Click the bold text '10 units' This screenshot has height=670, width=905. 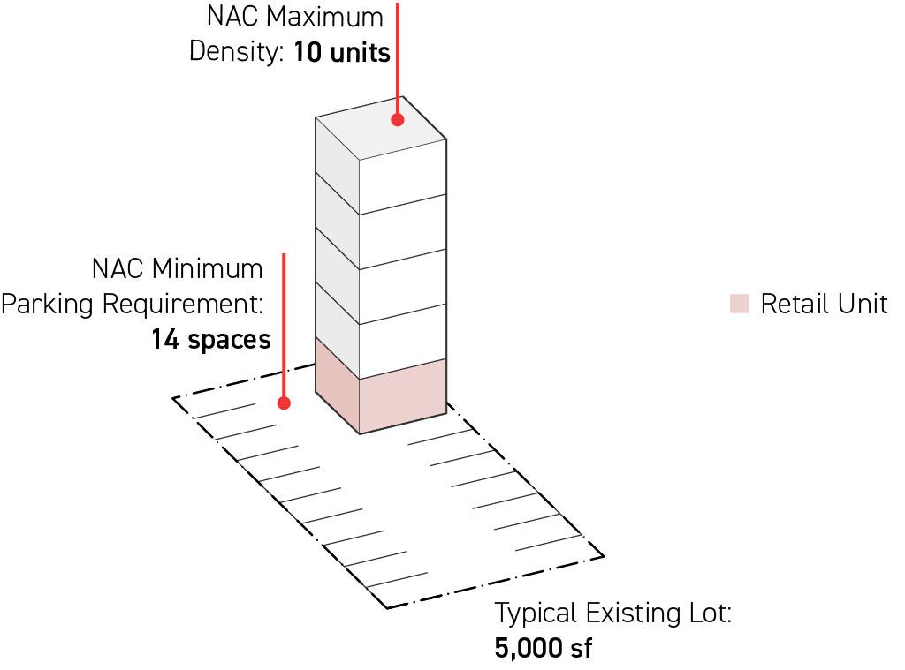[341, 52]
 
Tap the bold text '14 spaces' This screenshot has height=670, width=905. [210, 339]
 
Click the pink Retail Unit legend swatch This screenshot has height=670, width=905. [739, 305]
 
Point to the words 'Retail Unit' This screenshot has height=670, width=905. [824, 305]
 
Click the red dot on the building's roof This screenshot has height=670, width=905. [399, 119]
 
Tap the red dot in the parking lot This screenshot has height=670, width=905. [284, 403]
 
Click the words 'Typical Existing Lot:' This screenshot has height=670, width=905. [612, 613]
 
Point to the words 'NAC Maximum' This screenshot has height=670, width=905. [295, 17]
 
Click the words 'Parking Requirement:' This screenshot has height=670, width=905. [133, 304]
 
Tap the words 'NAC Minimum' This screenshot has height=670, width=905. [177, 268]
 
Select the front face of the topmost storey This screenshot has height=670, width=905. [402, 177]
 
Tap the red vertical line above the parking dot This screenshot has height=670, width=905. [284, 327]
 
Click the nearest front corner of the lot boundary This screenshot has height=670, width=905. [387, 607]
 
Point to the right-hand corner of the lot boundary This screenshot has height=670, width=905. [603, 556]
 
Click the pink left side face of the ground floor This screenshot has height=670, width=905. [337, 388]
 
